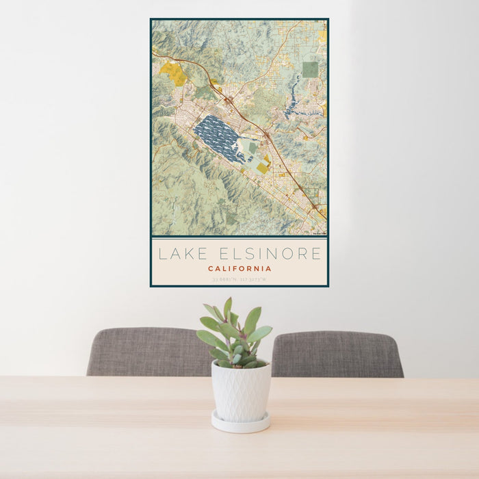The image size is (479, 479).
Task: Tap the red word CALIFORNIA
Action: [239, 269]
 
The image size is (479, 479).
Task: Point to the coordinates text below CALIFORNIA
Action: [239, 279]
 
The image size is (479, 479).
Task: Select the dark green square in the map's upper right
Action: [310, 69]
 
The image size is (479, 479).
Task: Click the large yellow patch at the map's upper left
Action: [174, 73]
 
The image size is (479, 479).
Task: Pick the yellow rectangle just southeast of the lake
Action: [262, 168]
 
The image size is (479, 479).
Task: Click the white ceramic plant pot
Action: [240, 391]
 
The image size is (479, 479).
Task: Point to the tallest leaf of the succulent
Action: [227, 307]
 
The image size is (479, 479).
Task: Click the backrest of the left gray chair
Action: [144, 351]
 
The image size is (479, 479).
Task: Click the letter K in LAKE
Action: [189, 254]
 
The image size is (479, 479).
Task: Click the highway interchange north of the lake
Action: [229, 100]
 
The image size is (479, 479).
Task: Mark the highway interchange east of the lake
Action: [268, 135]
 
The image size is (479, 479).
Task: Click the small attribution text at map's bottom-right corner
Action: [319, 233]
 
